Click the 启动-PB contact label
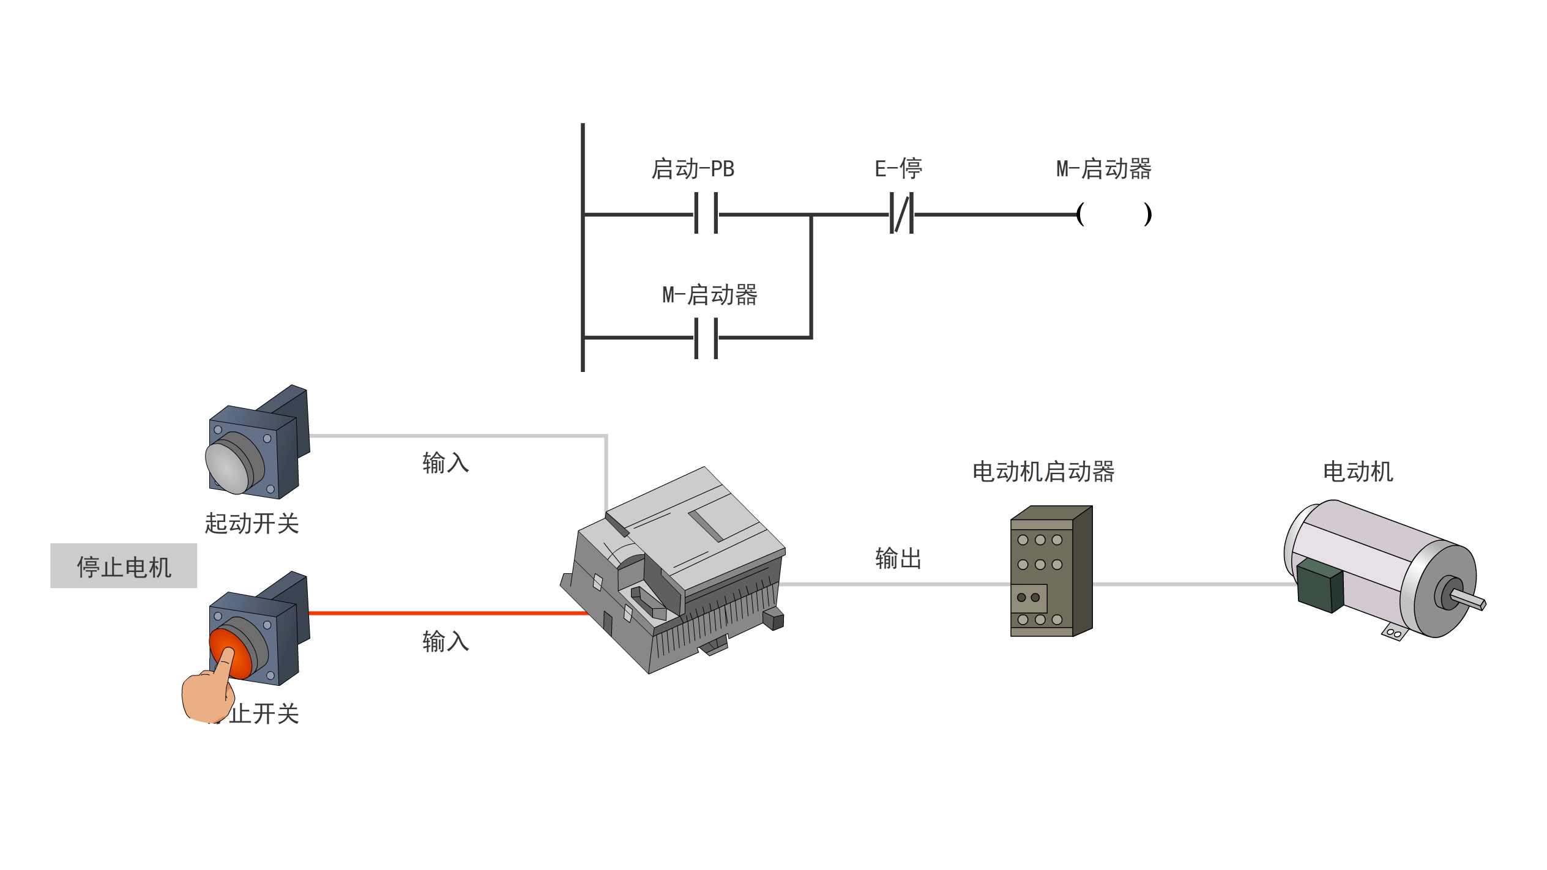[x=692, y=169]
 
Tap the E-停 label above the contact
[x=898, y=168]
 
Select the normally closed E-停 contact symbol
[x=901, y=214]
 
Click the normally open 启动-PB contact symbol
[x=706, y=214]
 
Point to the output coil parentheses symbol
[x=1114, y=214]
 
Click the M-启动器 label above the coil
[x=1103, y=169]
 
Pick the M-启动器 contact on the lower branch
[x=706, y=338]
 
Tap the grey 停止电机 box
[x=124, y=566]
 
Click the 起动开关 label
[x=252, y=524]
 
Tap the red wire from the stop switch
[x=447, y=612]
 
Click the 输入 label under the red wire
[x=445, y=642]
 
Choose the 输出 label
[x=898, y=559]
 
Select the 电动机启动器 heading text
[x=1043, y=472]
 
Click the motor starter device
[x=1050, y=572]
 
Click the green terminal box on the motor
[x=1319, y=586]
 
